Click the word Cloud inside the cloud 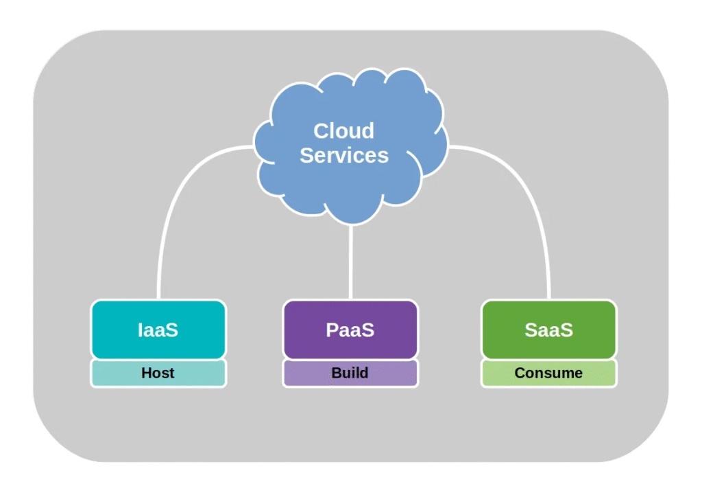click(x=343, y=130)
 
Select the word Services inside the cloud click(x=343, y=155)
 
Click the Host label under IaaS click(x=158, y=373)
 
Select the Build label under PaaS click(x=350, y=373)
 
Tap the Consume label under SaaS click(x=548, y=373)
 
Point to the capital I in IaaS click(x=141, y=330)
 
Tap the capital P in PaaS click(x=332, y=330)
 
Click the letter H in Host click(x=146, y=373)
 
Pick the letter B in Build click(x=336, y=373)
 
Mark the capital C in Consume click(x=520, y=373)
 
